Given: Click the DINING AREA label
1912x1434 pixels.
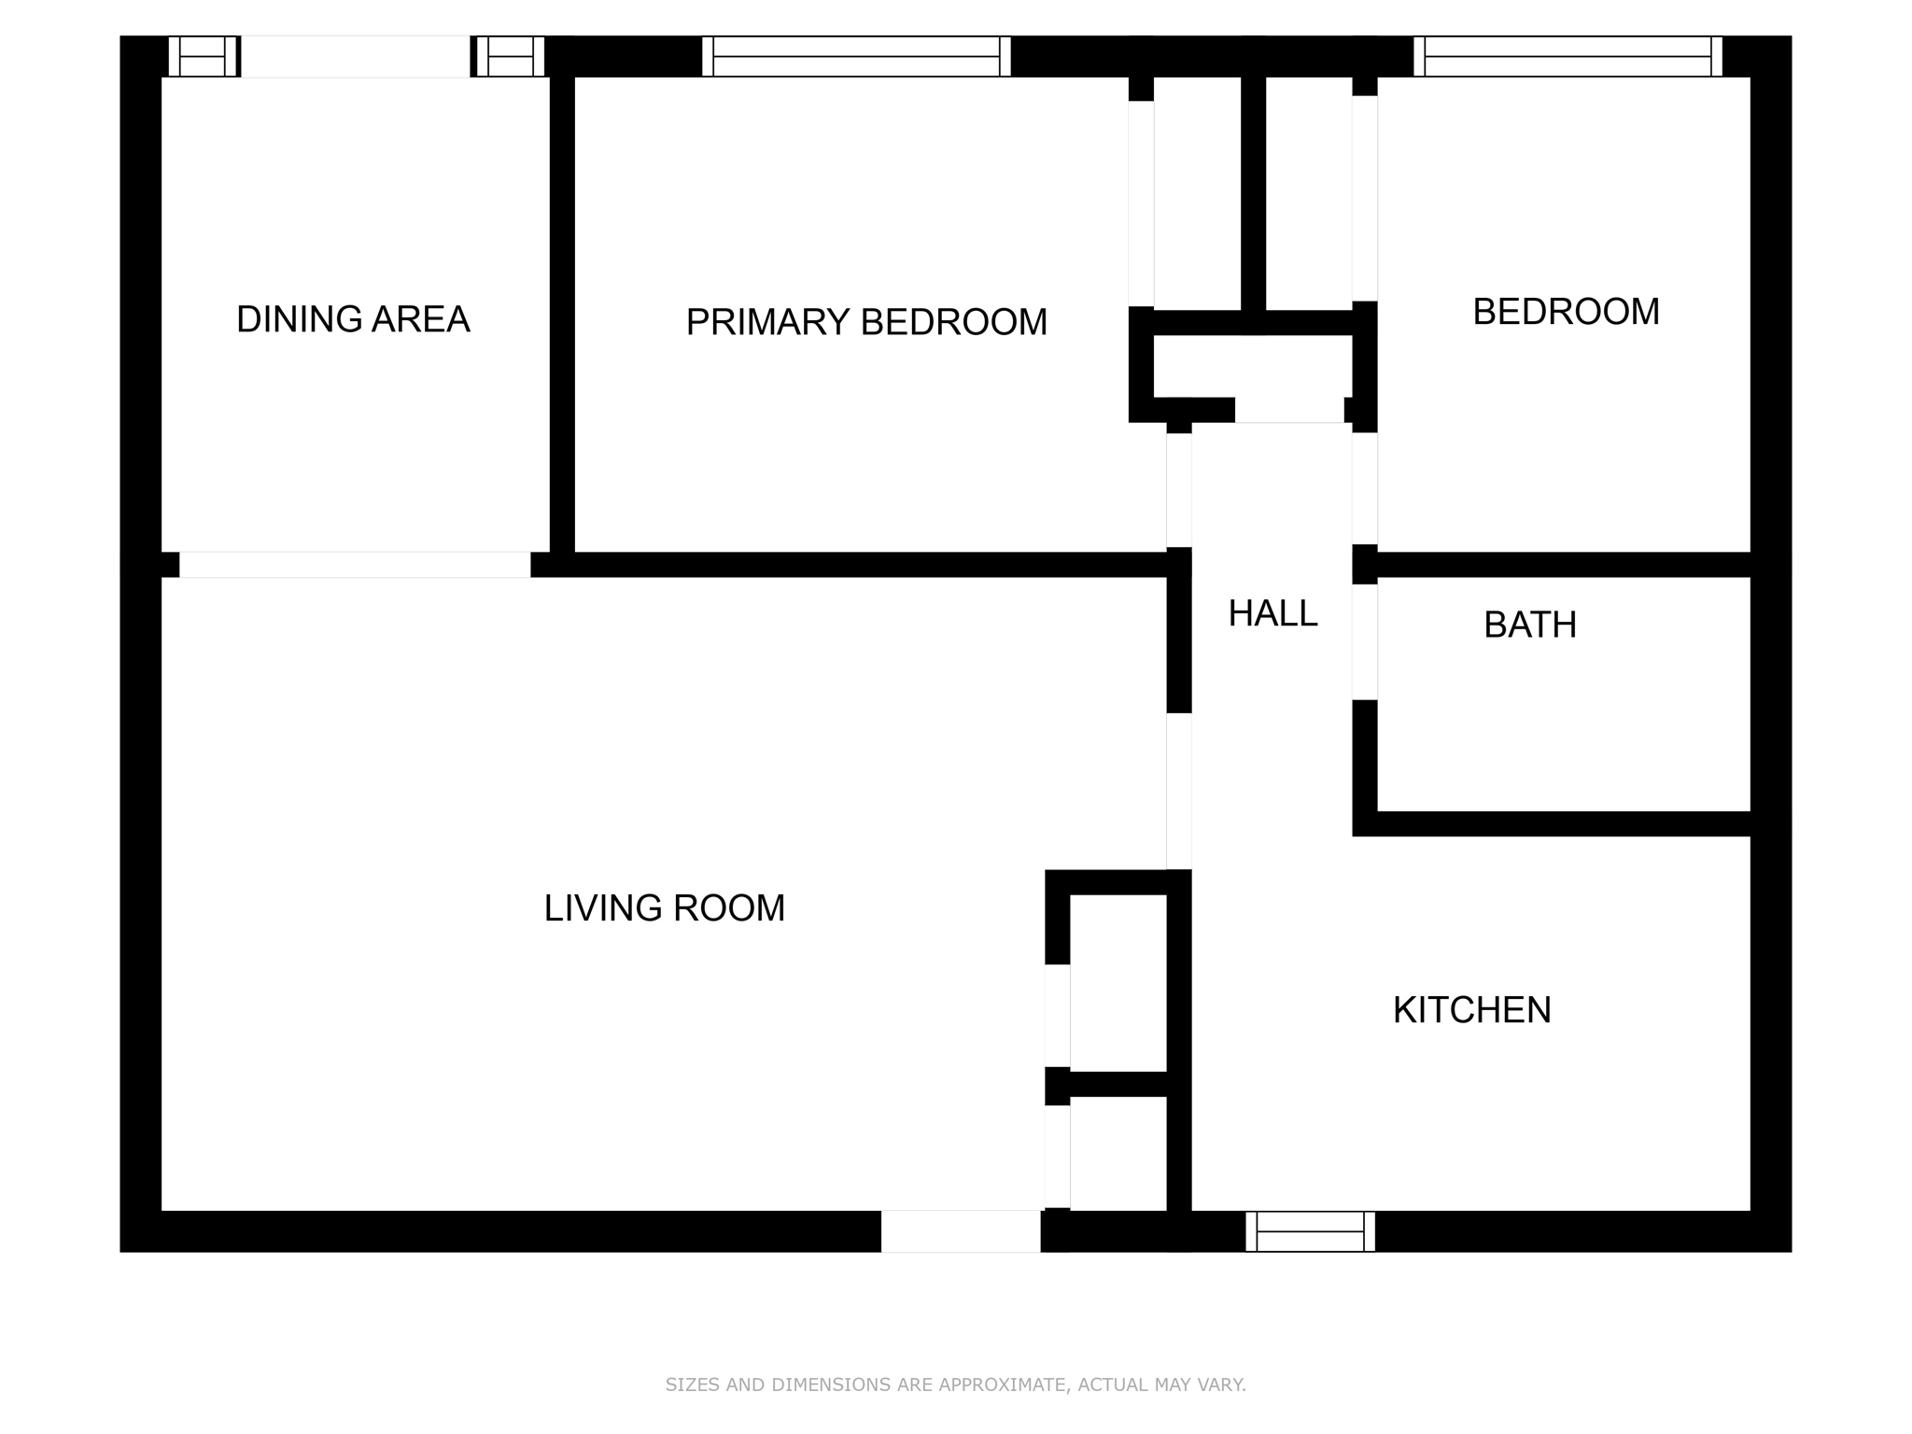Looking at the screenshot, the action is [x=353, y=319].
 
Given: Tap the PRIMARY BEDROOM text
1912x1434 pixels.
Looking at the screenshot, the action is [x=866, y=322].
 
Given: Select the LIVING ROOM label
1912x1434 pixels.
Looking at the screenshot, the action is [x=665, y=908].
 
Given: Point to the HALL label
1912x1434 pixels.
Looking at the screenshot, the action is [x=1272, y=613].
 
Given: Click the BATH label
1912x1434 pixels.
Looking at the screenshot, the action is [x=1530, y=625].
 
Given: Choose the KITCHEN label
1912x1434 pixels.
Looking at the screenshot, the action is [x=1472, y=1010].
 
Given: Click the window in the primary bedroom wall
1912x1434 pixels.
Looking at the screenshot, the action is [x=856, y=56].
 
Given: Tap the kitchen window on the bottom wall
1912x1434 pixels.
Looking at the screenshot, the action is [x=1310, y=1231].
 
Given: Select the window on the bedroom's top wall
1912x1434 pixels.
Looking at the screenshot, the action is [x=1568, y=56].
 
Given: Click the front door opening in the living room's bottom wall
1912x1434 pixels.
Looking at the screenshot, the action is [x=961, y=1231].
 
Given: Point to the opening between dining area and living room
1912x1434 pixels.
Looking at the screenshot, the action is [x=355, y=565].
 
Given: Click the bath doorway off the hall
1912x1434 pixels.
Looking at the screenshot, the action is [x=1365, y=642].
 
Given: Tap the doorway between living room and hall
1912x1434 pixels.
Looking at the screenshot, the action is [x=1179, y=792].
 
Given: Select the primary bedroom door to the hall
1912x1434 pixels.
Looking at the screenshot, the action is [x=1179, y=490].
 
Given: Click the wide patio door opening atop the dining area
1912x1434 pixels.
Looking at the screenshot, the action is [x=356, y=56].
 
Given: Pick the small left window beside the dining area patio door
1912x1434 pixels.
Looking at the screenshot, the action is [x=203, y=56].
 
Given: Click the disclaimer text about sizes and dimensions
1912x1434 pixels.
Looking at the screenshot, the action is [x=956, y=1385].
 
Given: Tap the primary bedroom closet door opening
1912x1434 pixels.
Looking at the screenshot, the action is [x=1141, y=204].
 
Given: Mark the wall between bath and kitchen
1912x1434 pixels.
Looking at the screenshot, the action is [x=1552, y=823].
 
